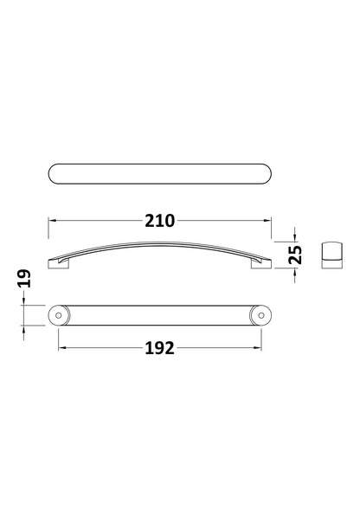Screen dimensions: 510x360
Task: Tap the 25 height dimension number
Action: (x=295, y=253)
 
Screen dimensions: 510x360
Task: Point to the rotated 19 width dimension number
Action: (x=24, y=278)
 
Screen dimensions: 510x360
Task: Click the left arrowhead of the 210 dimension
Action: (x=52, y=220)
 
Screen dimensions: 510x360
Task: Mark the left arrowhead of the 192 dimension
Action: (x=62, y=348)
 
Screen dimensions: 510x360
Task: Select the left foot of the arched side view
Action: (x=57, y=263)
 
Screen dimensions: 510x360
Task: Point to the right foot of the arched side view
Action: (x=260, y=263)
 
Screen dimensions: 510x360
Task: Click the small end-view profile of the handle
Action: (x=331, y=255)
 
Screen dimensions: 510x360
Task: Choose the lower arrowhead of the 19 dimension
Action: (x=24, y=330)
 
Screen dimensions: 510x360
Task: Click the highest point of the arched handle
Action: (x=159, y=239)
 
